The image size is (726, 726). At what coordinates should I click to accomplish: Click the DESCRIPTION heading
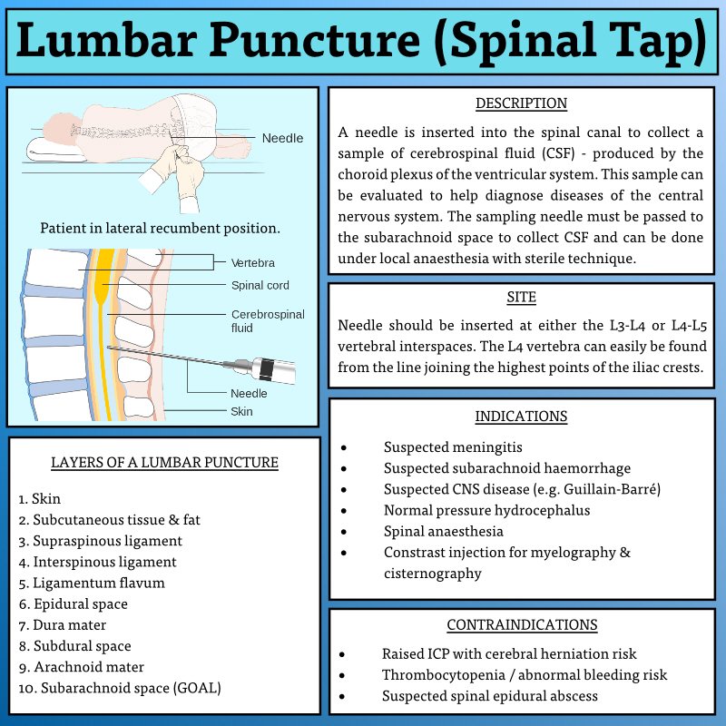pyautogui.click(x=521, y=103)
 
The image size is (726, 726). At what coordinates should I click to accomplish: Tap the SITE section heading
pyautogui.click(x=521, y=298)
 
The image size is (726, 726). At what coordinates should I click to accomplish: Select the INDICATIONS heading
pyautogui.click(x=521, y=417)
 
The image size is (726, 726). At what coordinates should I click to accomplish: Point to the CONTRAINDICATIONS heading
pyautogui.click(x=521, y=624)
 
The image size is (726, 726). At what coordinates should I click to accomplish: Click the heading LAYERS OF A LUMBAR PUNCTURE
pyautogui.click(x=164, y=462)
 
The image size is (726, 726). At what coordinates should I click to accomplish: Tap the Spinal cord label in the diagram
pyautogui.click(x=260, y=285)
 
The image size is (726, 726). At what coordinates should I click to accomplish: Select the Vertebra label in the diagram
pyautogui.click(x=252, y=262)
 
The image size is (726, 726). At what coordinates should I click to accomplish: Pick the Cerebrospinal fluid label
pyautogui.click(x=268, y=320)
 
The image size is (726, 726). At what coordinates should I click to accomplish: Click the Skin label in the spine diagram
pyautogui.click(x=240, y=411)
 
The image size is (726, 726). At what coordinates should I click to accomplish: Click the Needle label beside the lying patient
pyautogui.click(x=282, y=138)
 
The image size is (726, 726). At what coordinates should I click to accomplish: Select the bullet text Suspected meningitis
pyautogui.click(x=453, y=447)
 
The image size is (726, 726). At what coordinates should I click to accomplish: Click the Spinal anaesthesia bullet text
pyautogui.click(x=443, y=531)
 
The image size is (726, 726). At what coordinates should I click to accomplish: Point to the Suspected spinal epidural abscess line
pyautogui.click(x=489, y=696)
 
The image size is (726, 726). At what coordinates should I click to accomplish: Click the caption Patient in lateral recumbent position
pyautogui.click(x=160, y=228)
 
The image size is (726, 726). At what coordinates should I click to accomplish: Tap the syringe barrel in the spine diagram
pyautogui.click(x=273, y=370)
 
